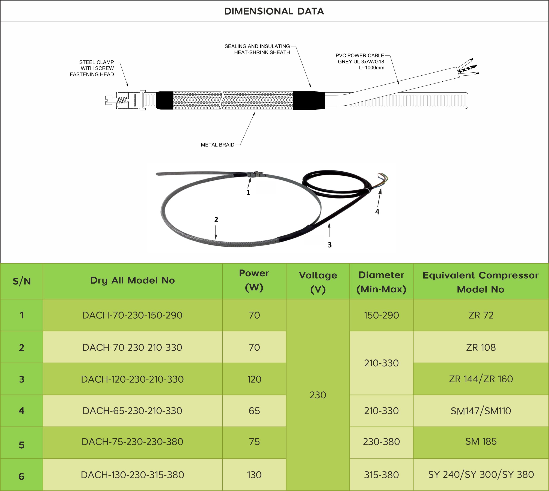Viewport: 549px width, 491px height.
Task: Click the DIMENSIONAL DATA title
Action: click(274, 11)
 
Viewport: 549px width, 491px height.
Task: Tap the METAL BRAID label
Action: click(217, 145)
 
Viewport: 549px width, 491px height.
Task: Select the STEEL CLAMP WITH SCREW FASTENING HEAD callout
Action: click(92, 68)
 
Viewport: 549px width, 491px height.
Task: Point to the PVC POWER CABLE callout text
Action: click(360, 61)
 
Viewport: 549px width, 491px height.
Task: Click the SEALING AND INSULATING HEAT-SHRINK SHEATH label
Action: click(257, 49)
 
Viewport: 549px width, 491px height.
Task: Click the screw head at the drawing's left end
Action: click(109, 100)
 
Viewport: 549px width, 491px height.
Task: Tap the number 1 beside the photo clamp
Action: click(248, 193)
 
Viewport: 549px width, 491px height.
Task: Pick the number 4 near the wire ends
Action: click(377, 212)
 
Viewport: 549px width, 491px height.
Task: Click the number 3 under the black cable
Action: click(329, 245)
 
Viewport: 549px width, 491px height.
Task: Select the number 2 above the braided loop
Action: click(216, 220)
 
